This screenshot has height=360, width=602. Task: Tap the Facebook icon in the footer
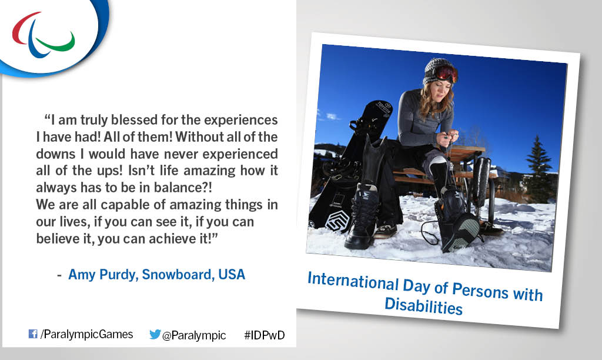tap(33, 334)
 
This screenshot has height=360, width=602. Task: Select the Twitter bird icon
tap(155, 334)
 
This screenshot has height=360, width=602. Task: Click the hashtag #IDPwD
tap(265, 335)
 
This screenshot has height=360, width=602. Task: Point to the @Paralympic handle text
tap(193, 335)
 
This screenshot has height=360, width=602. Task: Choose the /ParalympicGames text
tap(86, 334)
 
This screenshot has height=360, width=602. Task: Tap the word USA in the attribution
tap(232, 275)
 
